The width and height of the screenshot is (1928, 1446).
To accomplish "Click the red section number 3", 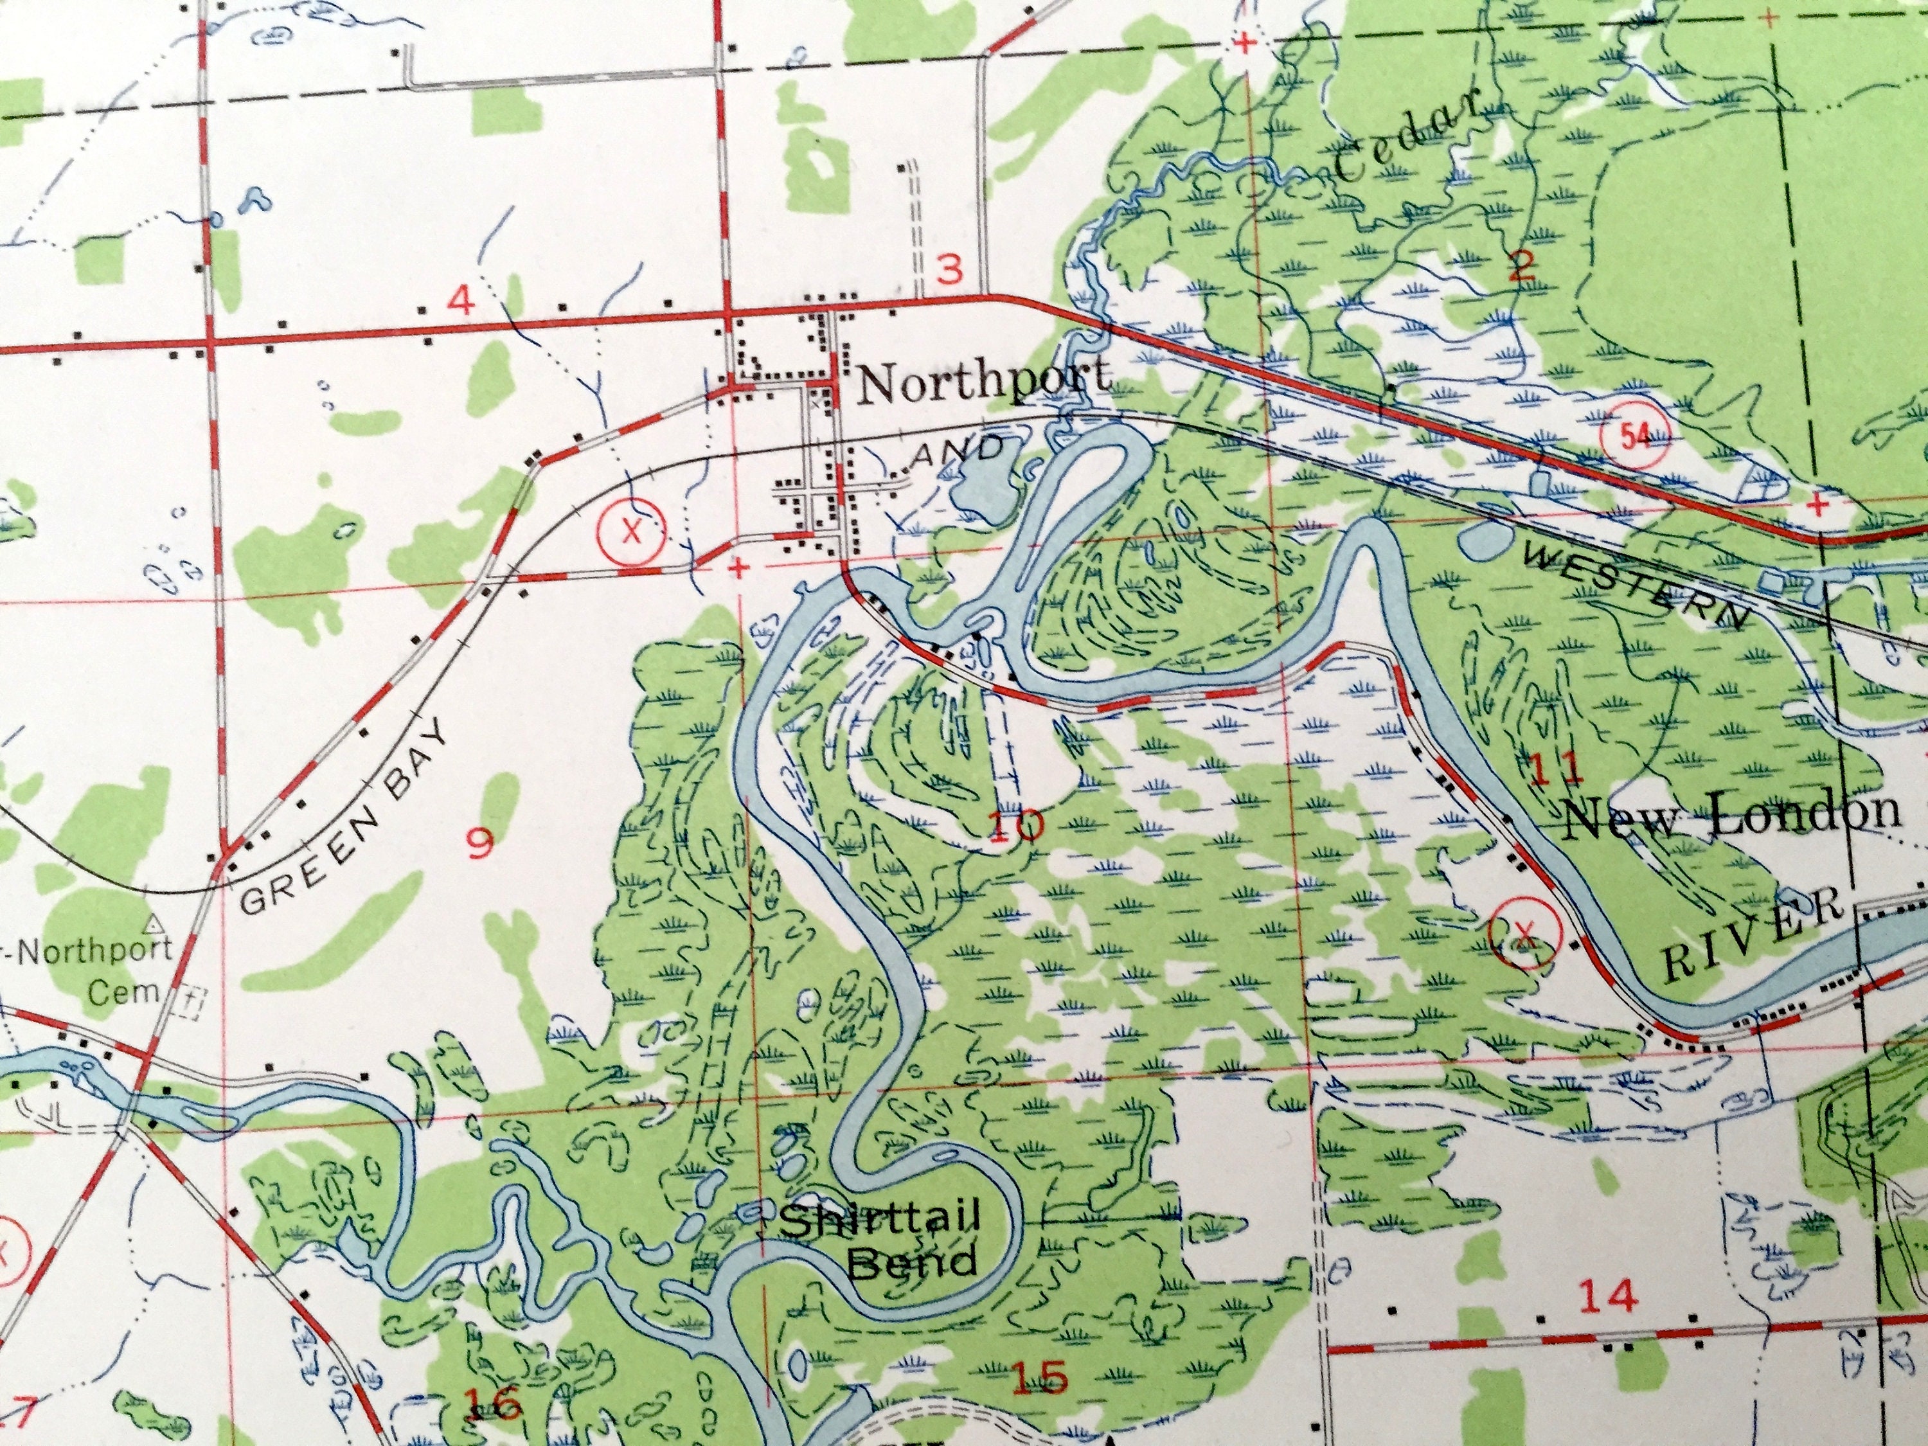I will [x=949, y=270].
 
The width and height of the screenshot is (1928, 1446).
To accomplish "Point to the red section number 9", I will [x=480, y=842].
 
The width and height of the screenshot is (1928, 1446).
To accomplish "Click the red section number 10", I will [x=1016, y=825].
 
